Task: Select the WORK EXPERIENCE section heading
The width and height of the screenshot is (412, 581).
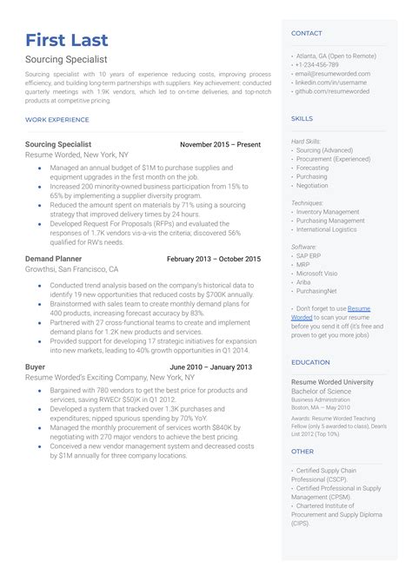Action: (x=57, y=120)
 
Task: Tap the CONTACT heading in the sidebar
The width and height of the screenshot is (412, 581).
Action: (x=307, y=33)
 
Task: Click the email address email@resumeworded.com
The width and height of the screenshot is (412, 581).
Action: (x=332, y=74)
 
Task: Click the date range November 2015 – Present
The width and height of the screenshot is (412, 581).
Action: (x=220, y=144)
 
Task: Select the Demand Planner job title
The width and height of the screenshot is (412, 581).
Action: (x=54, y=259)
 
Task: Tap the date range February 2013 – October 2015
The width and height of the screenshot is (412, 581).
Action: (x=213, y=259)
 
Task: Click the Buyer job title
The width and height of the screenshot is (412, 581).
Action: (x=36, y=367)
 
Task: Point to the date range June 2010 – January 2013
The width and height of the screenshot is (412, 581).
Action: (x=211, y=367)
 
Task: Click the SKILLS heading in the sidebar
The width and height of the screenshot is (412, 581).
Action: (x=302, y=118)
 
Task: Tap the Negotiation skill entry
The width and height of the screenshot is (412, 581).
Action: (x=312, y=186)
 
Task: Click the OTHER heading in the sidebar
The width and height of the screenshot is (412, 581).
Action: (x=302, y=451)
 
